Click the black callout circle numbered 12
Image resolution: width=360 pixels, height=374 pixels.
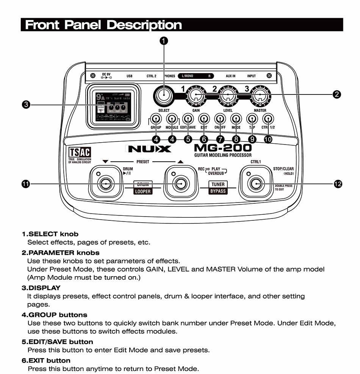(338, 184)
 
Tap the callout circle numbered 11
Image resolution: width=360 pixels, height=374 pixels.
(26, 184)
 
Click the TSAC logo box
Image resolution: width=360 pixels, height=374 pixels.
(80, 152)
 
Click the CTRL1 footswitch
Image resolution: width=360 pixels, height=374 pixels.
(256, 184)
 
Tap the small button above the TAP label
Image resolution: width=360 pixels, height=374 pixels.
(252, 118)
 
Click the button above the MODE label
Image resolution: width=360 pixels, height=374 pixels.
(236, 118)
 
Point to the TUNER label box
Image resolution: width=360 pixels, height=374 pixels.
(218, 184)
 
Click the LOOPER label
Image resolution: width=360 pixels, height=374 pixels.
(143, 192)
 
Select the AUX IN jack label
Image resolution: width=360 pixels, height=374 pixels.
(230, 76)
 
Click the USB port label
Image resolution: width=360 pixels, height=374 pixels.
(129, 76)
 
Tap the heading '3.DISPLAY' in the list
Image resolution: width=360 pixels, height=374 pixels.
(41, 288)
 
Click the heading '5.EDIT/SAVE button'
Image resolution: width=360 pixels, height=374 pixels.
(57, 342)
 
